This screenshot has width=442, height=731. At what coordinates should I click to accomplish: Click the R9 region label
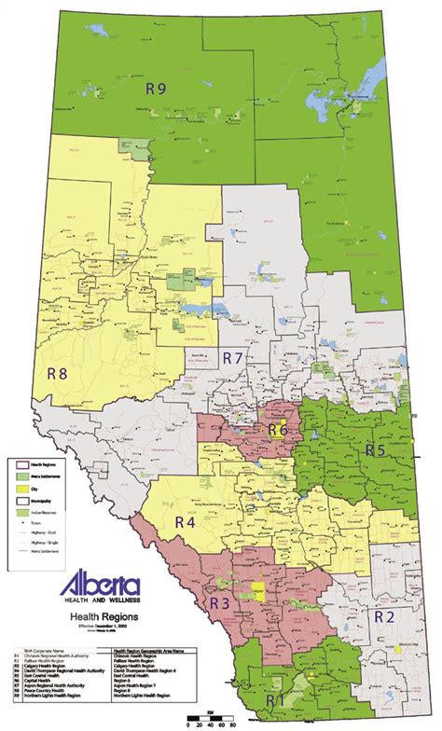click(x=156, y=90)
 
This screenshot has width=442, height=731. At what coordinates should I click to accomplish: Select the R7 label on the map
click(x=232, y=358)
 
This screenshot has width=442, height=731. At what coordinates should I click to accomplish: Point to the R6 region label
click(x=277, y=430)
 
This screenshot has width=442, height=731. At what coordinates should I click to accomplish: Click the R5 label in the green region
click(x=375, y=449)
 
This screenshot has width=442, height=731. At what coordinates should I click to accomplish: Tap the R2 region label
click(x=385, y=616)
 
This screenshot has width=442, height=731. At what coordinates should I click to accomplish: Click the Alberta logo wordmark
click(x=100, y=586)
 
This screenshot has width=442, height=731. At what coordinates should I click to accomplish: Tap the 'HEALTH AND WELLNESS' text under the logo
click(x=100, y=602)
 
